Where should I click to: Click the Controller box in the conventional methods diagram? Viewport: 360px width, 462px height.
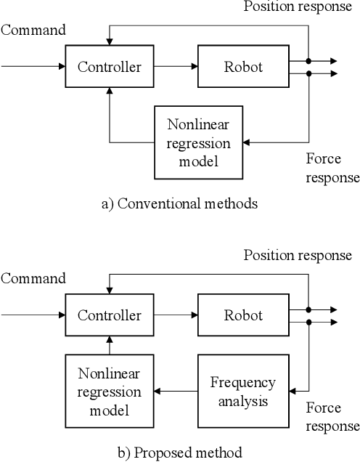click(x=109, y=68)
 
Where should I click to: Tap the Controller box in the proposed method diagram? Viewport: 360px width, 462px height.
click(x=109, y=315)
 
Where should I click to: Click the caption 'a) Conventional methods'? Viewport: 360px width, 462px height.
click(x=179, y=204)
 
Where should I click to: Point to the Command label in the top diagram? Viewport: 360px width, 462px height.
click(x=33, y=30)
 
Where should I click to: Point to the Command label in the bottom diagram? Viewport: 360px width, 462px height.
click(x=33, y=278)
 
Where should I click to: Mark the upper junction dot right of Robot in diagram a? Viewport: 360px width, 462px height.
click(x=308, y=61)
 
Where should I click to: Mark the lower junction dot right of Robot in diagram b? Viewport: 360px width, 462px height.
click(x=308, y=322)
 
